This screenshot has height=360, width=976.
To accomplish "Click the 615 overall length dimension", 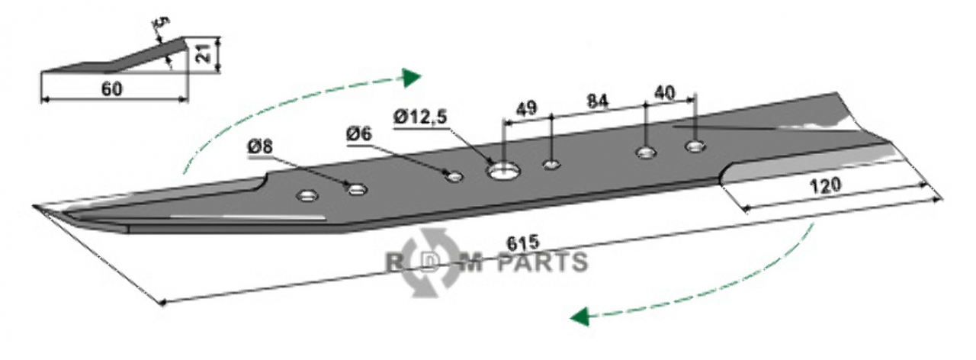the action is (523, 243).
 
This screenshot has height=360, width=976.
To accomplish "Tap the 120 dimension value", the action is (824, 186).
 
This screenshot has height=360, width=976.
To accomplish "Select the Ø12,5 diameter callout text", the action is (420, 117).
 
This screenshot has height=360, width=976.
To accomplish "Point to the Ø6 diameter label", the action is (359, 134).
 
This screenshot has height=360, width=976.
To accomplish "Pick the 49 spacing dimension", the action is (526, 108).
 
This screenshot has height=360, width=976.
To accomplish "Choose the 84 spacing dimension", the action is (597, 101).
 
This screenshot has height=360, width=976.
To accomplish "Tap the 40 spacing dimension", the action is (665, 92).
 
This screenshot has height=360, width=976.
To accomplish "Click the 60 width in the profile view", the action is (112, 89).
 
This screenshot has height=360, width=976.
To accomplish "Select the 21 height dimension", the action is (205, 53).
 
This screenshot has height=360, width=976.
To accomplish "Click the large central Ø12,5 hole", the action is (503, 171).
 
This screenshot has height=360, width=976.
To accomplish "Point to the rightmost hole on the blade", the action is (696, 146).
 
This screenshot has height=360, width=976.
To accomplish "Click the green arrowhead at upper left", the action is (411, 78).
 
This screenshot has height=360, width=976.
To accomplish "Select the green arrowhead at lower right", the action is (580, 316).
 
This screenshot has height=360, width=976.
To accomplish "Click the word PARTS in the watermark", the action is (542, 262).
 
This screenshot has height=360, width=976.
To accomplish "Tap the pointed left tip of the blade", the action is (34, 205).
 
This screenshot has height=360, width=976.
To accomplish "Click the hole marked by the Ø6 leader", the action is (454, 176).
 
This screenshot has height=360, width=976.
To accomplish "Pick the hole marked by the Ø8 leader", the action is (358, 189).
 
